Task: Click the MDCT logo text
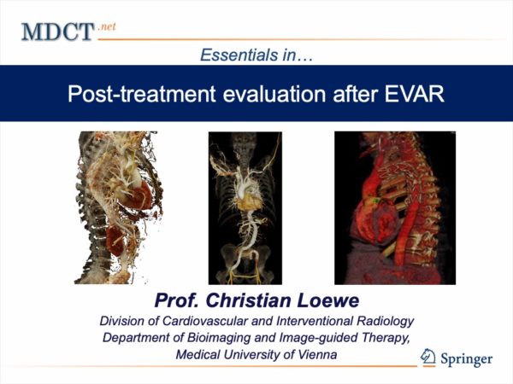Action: [x=57, y=32]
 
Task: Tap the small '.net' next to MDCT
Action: [x=107, y=26]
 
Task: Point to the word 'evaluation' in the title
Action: [x=274, y=94]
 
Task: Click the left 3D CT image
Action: [x=119, y=207]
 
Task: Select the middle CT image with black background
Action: [x=245, y=208]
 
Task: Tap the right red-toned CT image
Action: [x=395, y=208]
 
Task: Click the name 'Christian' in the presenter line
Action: [x=248, y=300]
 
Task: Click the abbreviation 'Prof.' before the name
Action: [x=177, y=300]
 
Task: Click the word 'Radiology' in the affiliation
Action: [x=385, y=322]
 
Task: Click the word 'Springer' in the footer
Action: [x=466, y=359]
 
